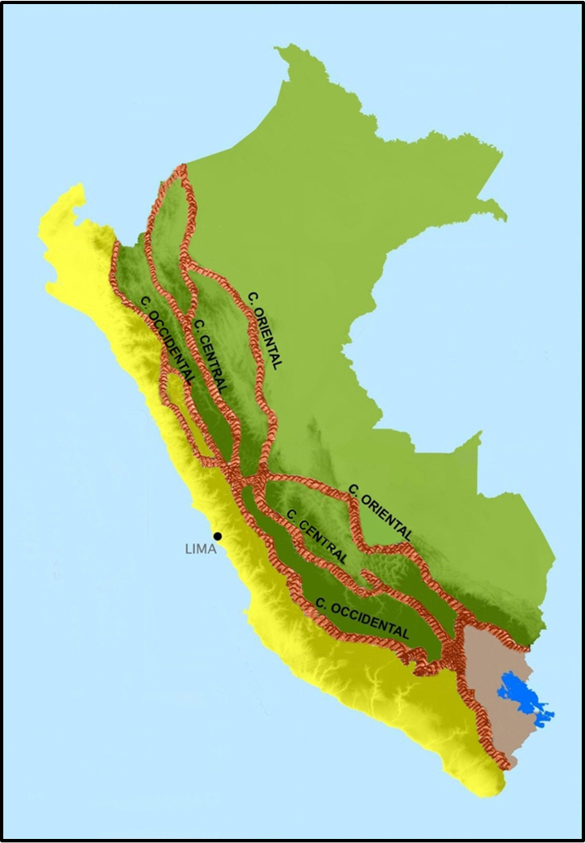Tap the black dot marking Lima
coord(218,536)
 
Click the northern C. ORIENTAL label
coord(265,329)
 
